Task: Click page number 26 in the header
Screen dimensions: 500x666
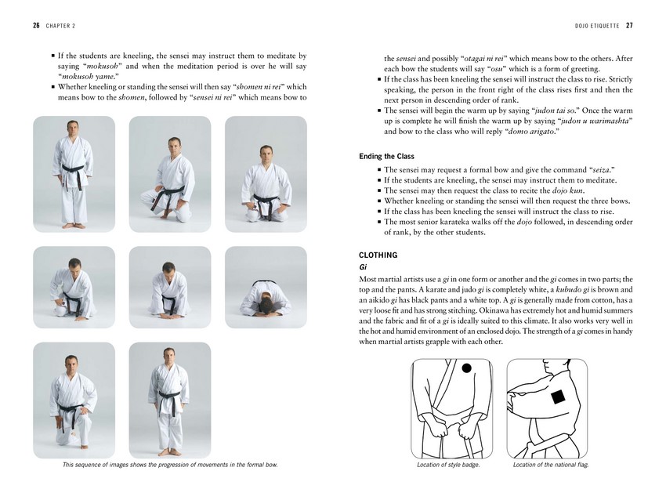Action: coord(36,25)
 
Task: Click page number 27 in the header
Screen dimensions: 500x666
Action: coord(628,25)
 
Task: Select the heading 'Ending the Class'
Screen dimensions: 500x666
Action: coord(386,157)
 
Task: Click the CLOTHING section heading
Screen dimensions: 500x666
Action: coord(378,255)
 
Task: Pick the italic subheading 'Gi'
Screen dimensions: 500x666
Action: coord(363,267)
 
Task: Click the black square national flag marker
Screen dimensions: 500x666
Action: coord(557,397)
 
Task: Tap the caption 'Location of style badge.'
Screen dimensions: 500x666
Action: coord(448,465)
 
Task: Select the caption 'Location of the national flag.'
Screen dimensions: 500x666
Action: coord(550,465)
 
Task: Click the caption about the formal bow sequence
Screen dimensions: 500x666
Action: coord(170,465)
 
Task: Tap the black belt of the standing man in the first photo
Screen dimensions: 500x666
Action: coord(73,168)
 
